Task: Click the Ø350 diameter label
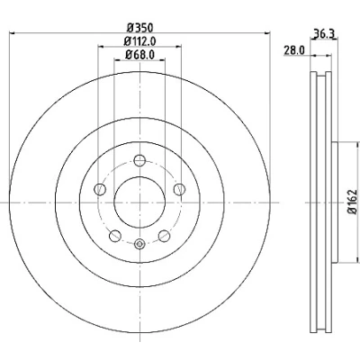click(x=139, y=28)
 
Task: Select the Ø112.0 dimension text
click(x=139, y=41)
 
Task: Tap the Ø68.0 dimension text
click(x=139, y=55)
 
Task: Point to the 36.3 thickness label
click(x=324, y=33)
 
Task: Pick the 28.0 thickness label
click(x=294, y=50)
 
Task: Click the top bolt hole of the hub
click(x=139, y=160)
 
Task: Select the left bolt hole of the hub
click(x=100, y=189)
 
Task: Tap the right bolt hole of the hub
click(x=179, y=189)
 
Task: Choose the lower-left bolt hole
click(x=115, y=236)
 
